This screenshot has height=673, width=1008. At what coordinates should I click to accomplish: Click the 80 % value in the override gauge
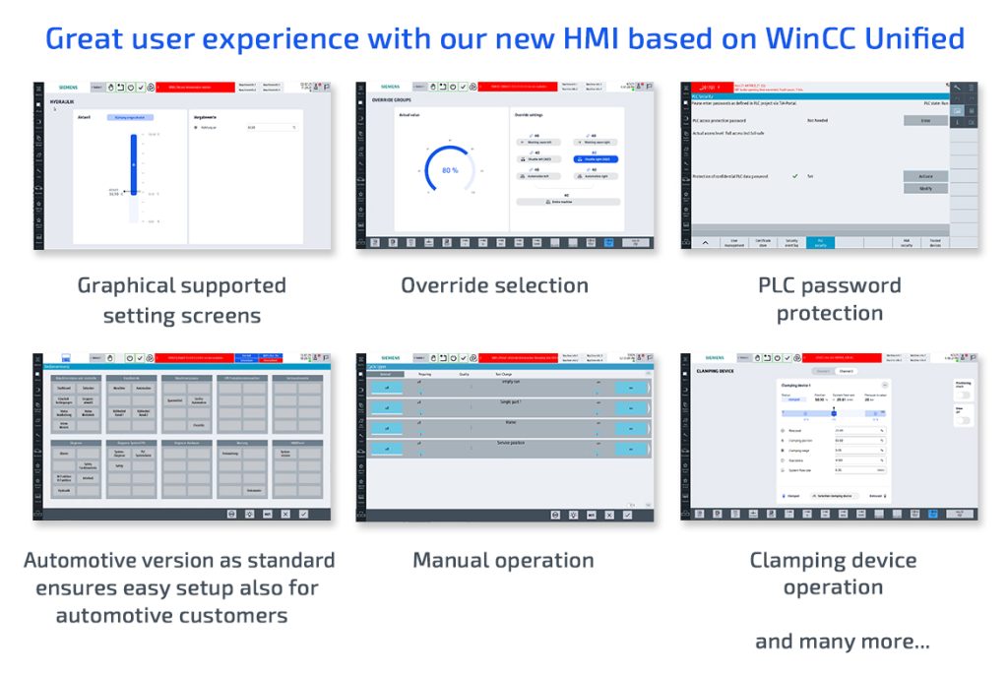(449, 170)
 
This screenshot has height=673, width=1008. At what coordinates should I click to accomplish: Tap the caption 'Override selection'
(494, 285)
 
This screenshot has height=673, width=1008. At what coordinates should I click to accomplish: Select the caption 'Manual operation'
(503, 560)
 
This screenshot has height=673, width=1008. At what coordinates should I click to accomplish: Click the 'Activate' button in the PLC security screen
(924, 176)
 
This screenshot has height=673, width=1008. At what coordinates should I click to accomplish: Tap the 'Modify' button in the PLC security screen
(924, 188)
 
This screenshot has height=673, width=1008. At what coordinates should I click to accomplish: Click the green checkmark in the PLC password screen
(793, 176)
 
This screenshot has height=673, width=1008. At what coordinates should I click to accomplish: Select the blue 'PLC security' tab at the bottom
(820, 241)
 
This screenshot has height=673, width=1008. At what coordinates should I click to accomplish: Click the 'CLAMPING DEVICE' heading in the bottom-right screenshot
(716, 373)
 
